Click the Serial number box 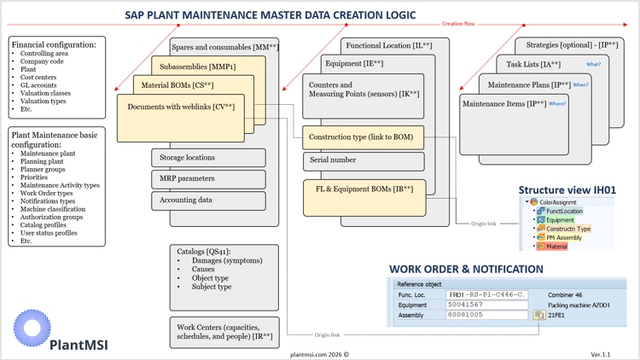363,160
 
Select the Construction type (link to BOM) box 363,137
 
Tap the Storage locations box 208,158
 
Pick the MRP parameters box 208,179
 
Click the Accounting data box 208,200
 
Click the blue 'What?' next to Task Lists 593,64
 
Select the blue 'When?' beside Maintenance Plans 581,84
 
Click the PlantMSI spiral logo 32,328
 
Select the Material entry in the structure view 556,247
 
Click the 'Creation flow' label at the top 458,24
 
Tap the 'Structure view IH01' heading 567,190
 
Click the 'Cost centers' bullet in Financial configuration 38,78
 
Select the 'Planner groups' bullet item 44,170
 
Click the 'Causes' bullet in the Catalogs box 203,270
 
